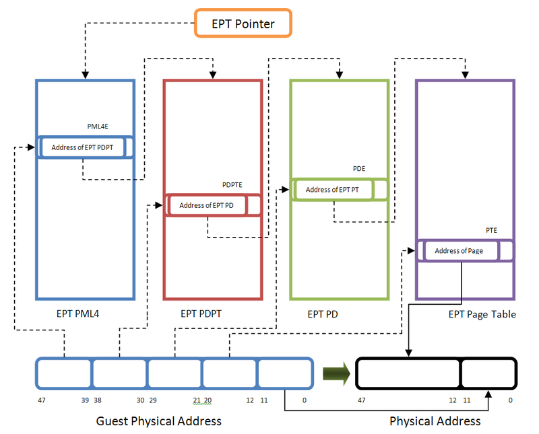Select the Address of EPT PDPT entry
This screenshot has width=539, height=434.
click(82, 147)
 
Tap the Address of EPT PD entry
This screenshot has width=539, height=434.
click(206, 205)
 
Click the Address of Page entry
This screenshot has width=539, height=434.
click(459, 251)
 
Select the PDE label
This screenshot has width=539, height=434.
click(358, 169)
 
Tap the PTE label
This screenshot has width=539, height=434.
click(491, 230)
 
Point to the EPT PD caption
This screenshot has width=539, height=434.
click(323, 314)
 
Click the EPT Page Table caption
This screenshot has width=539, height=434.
click(482, 314)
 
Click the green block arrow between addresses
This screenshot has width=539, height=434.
click(336, 375)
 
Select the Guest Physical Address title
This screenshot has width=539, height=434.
click(159, 421)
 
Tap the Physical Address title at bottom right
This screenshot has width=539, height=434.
click(435, 421)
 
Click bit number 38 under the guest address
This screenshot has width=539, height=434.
click(98, 400)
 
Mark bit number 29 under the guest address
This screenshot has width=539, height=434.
click(154, 400)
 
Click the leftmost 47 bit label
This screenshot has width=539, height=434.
click(42, 400)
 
